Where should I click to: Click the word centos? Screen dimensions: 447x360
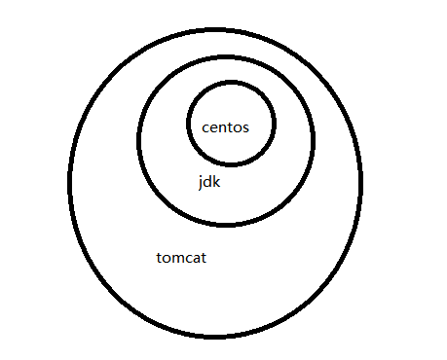pos(226,127)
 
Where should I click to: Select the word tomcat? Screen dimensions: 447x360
pos(181,259)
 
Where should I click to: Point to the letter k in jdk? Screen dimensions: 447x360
pos(216,182)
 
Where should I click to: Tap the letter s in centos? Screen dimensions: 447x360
pos(246,128)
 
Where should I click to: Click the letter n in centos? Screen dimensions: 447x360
pos(224,128)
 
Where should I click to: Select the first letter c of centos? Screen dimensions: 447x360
pos(205,128)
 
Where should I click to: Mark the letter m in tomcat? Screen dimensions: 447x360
pos(177,260)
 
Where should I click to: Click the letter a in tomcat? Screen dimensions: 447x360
pos(195,260)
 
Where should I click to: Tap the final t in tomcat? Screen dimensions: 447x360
pos(203,259)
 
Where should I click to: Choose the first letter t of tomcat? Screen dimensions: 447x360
pos(159,259)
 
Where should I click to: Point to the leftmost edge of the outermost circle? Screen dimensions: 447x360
pos(70,183)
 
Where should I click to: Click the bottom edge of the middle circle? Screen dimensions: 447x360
pos(226,225)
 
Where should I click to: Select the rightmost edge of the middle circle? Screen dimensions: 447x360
pos(315,138)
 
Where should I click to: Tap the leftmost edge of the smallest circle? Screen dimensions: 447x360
pos(187,123)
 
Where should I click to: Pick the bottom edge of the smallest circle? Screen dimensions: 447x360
pos(231,165)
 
